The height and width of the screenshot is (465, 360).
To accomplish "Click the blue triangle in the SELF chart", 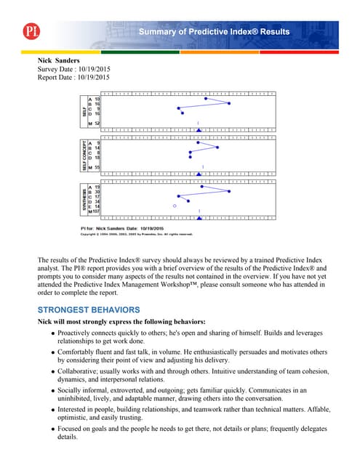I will [199, 129].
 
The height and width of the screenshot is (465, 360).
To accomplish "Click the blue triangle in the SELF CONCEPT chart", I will [199, 174].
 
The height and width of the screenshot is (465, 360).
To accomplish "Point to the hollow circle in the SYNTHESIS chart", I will [175, 206].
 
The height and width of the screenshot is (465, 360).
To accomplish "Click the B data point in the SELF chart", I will [229, 104].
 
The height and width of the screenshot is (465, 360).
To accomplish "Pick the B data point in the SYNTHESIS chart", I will [229, 191].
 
